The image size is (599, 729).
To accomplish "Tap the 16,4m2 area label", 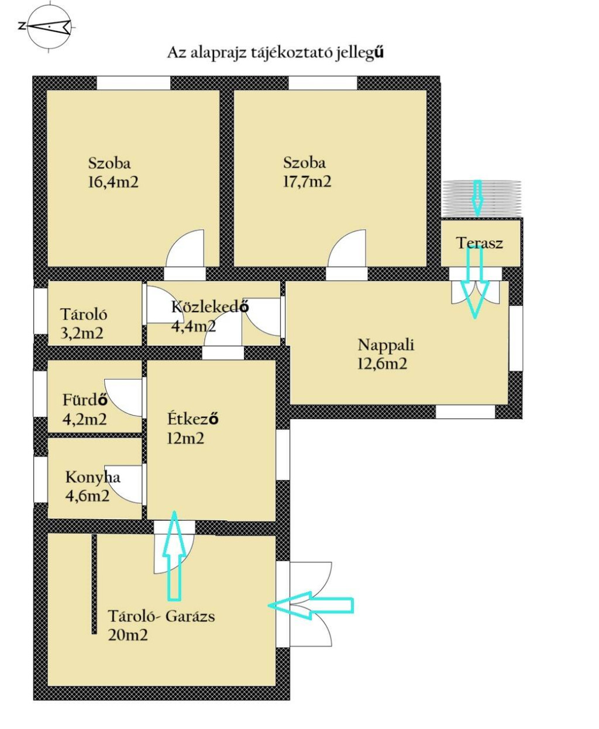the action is tap(113, 182).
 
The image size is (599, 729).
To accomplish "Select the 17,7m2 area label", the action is tap(307, 181).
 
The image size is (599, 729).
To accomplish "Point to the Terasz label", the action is tap(480, 243).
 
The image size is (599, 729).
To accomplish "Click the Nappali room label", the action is tap(385, 346).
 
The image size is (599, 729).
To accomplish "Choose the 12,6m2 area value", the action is tap(382, 364).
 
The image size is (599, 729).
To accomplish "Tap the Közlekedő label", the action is tap(210, 306).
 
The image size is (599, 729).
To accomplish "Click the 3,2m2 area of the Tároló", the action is tap(82, 334).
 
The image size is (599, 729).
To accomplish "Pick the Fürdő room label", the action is tap(85, 400).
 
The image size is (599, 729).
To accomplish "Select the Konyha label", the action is tap(92, 478).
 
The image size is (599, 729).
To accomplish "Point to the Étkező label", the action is tap(193, 419).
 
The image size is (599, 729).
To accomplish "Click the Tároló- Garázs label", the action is tap(161, 616).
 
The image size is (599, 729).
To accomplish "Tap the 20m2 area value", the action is tap(128, 635).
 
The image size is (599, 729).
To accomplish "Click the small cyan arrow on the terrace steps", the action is tap(477, 196).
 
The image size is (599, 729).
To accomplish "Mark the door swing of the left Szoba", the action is tap(185, 248).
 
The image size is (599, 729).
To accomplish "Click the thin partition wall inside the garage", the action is tap(94, 585).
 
